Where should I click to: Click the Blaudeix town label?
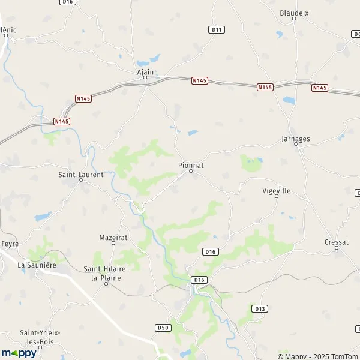coord(294,12)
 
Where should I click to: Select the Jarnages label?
coord(295,139)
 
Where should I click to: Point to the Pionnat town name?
coord(190,164)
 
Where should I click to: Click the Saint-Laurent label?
coord(80,175)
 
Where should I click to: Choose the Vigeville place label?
coord(277,190)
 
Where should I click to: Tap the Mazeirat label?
coord(113,238)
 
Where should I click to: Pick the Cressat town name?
coord(337,242)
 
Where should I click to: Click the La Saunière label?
coord(37,265)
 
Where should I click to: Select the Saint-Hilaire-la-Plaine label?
coord(106,273)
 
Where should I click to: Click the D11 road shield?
coord(217,29)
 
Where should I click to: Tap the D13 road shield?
coord(260,309)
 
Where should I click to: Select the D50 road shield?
coord(162,328)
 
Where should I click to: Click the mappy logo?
coord(19,353)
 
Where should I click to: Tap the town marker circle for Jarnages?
coord(295,145)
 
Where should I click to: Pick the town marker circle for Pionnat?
coord(191,171)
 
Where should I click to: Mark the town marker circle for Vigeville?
coord(277,196)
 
